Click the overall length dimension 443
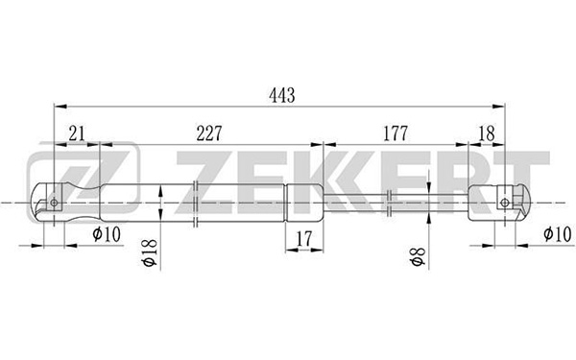(x=281, y=95)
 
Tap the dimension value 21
(x=77, y=133)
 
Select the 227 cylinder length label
(x=209, y=133)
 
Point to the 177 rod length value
(x=396, y=133)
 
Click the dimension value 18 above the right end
(x=487, y=133)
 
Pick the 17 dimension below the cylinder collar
(x=304, y=239)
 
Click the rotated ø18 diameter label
(x=150, y=252)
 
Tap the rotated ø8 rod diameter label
(x=419, y=256)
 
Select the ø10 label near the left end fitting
(x=107, y=234)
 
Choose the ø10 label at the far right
(x=557, y=234)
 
